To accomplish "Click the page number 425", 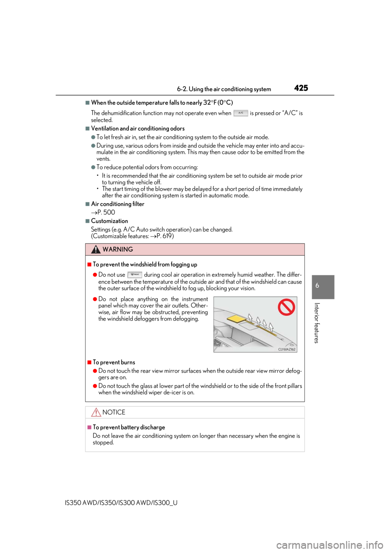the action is [301, 88].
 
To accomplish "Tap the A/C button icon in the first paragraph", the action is [240, 113].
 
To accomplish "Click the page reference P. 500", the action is [106, 212].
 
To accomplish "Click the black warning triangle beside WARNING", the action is [95, 250].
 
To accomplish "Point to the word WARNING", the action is [118, 250].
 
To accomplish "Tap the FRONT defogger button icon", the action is [135, 274].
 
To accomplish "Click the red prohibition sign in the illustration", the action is [286, 307].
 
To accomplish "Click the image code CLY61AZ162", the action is [286, 349].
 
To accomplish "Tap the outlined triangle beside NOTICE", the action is [96, 412].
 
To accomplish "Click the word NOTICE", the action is [114, 412].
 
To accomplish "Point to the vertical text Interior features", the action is [316, 323].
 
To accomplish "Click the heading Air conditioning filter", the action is [118, 204].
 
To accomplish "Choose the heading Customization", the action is [110, 221].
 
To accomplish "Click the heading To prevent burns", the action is [114, 362].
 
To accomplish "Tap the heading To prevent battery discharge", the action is [129, 427].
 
